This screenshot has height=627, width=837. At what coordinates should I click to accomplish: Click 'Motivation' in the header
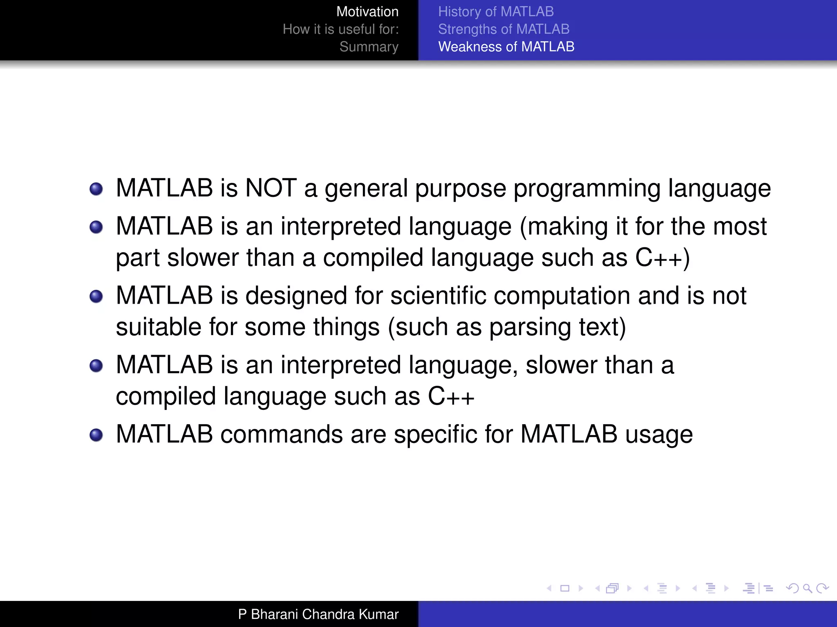tap(367, 12)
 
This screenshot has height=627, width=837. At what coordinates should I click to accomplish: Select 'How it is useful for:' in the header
tap(340, 29)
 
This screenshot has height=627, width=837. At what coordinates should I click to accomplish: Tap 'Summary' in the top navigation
tap(369, 47)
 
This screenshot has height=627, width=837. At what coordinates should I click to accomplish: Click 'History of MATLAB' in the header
tap(496, 12)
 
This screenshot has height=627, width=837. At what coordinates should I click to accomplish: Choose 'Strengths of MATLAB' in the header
tap(504, 29)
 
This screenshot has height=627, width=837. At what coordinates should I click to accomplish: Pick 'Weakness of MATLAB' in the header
tap(506, 47)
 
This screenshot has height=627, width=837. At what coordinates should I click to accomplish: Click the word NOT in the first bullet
tap(271, 188)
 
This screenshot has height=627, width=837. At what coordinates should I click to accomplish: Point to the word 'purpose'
tap(460, 189)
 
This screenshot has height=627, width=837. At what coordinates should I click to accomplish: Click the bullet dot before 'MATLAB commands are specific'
tap(96, 435)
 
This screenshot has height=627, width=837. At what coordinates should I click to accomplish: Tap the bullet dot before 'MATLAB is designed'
tap(96, 297)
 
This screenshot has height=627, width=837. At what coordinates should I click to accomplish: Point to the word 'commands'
tap(282, 434)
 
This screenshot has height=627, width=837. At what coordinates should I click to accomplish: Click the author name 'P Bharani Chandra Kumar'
tap(318, 614)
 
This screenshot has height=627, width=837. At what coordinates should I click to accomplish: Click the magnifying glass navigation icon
tap(807, 588)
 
